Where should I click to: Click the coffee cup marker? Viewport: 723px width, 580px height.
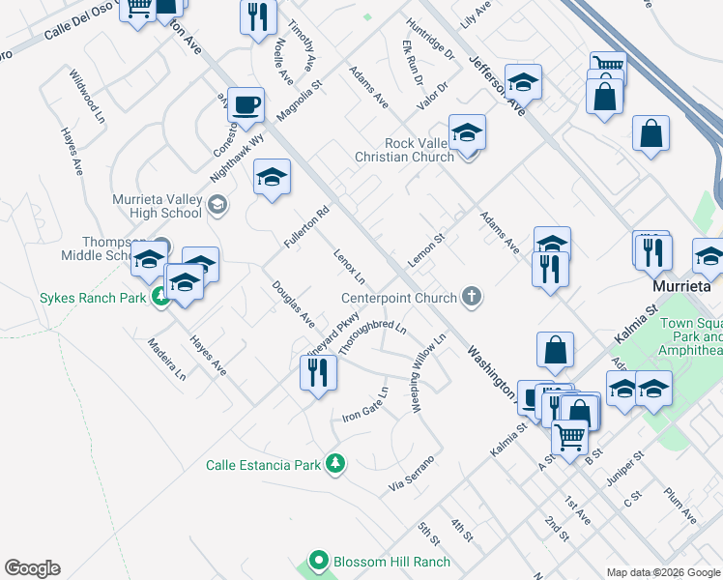pos(246,105)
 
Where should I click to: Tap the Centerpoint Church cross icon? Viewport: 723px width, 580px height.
pos(472,297)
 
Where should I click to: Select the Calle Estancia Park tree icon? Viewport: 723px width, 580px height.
pos(335,465)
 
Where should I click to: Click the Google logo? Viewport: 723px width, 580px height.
pos(32,568)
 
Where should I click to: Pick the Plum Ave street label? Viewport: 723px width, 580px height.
pos(680,506)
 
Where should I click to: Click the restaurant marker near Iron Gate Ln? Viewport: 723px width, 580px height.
pos(317,371)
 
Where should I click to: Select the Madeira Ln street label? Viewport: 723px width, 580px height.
pos(166,359)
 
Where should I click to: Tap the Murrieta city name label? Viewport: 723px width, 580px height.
pos(680,287)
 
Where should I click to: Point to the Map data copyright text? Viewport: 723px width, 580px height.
pos(663,572)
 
